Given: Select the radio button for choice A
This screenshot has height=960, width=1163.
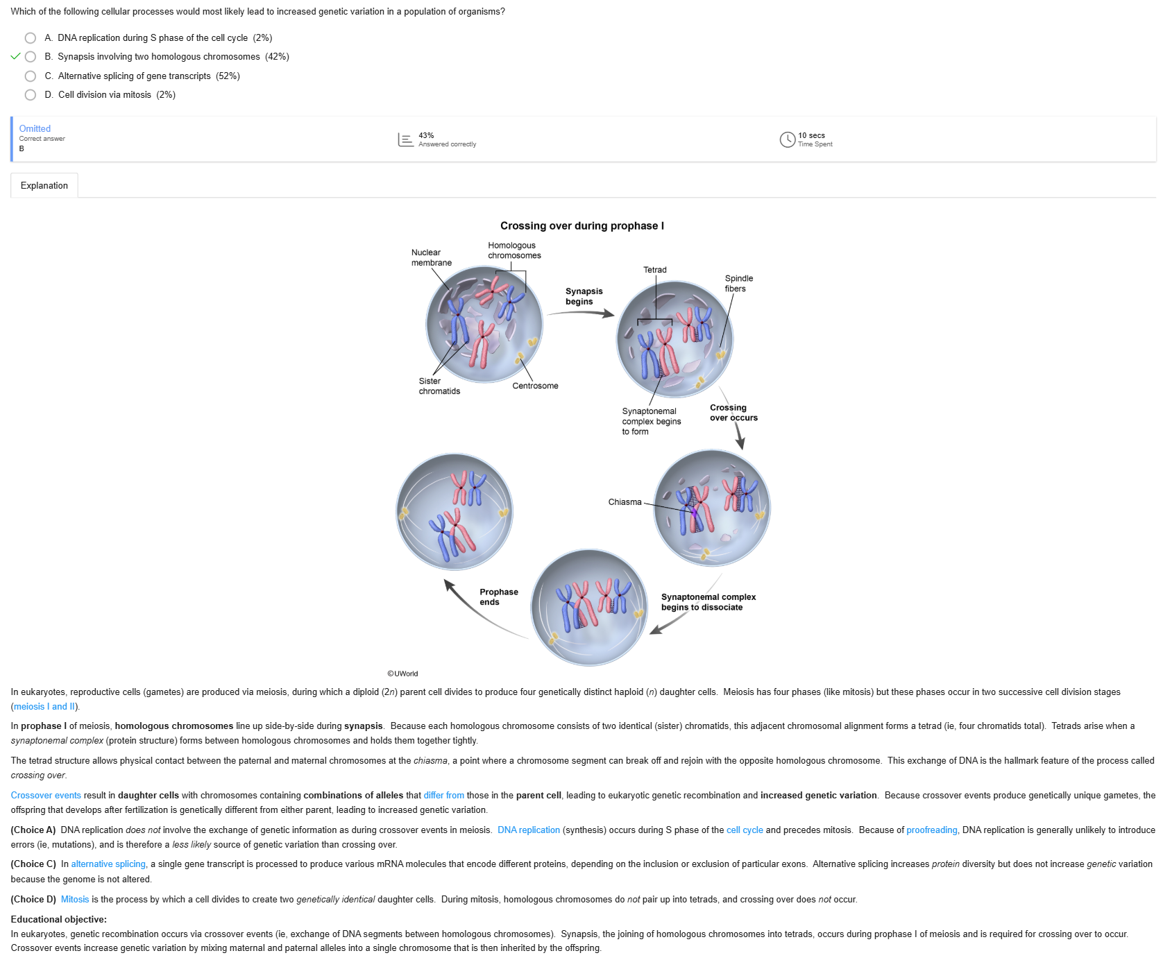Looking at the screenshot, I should point(31,38).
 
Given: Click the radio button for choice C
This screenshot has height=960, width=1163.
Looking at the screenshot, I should point(31,76).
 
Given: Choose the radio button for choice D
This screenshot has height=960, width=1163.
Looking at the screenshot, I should point(31,95).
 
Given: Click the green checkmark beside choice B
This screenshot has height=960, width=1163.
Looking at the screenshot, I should point(15,57).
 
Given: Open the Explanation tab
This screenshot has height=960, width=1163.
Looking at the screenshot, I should point(44,186).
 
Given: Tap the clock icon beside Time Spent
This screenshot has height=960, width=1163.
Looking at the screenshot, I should point(787,140).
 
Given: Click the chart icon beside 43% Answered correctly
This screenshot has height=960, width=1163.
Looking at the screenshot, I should point(405,140).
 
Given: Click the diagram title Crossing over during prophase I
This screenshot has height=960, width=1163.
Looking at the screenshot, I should point(581,226).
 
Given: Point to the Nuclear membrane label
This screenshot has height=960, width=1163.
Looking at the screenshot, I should point(431,257).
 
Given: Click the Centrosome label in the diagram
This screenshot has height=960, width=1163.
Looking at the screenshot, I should point(535,386).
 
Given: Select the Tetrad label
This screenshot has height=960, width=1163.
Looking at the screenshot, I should point(654,270).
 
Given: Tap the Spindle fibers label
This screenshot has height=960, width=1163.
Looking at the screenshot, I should point(738,284).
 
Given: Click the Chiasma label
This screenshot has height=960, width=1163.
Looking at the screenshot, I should point(625,502).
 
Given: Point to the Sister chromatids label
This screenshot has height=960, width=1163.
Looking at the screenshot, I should point(439,386).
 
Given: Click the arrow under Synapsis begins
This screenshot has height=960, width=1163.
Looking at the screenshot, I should point(581,313).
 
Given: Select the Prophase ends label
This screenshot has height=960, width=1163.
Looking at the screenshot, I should point(498,597).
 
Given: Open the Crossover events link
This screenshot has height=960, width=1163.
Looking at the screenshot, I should point(46,796).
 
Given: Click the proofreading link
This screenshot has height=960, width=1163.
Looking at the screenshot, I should point(931,830).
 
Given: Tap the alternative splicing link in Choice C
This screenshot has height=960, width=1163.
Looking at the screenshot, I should point(108,864).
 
